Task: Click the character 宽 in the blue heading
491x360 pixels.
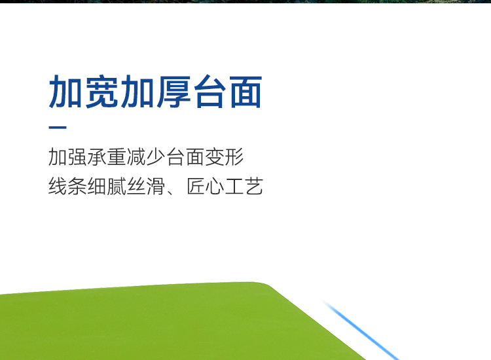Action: pyautogui.click(x=101, y=92)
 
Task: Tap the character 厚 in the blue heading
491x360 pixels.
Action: pyautogui.click(x=173, y=92)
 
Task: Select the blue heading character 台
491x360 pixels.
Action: pyautogui.click(x=210, y=92)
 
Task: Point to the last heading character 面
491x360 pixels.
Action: pyautogui.click(x=245, y=92)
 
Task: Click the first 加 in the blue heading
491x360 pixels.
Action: pyautogui.click(x=65, y=92)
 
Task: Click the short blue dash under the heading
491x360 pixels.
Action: pyautogui.click(x=58, y=128)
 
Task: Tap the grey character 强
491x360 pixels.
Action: pyautogui.click(x=77, y=157)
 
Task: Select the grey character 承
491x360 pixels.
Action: pyautogui.click(x=97, y=157)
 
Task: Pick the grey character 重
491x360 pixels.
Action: pyautogui.click(x=117, y=157)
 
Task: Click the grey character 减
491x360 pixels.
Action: pyautogui.click(x=136, y=157)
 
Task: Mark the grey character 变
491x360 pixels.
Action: pyautogui.click(x=215, y=157)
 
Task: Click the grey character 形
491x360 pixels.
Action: pyautogui.click(x=234, y=157)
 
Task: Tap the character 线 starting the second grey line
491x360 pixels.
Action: pyautogui.click(x=58, y=186)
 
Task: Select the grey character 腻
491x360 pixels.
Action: pyautogui.click(x=117, y=186)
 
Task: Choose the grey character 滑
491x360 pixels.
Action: pyautogui.click(x=156, y=186)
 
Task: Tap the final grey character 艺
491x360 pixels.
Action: pyautogui.click(x=253, y=186)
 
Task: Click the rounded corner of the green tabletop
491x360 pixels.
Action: pyautogui.click(x=264, y=285)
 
